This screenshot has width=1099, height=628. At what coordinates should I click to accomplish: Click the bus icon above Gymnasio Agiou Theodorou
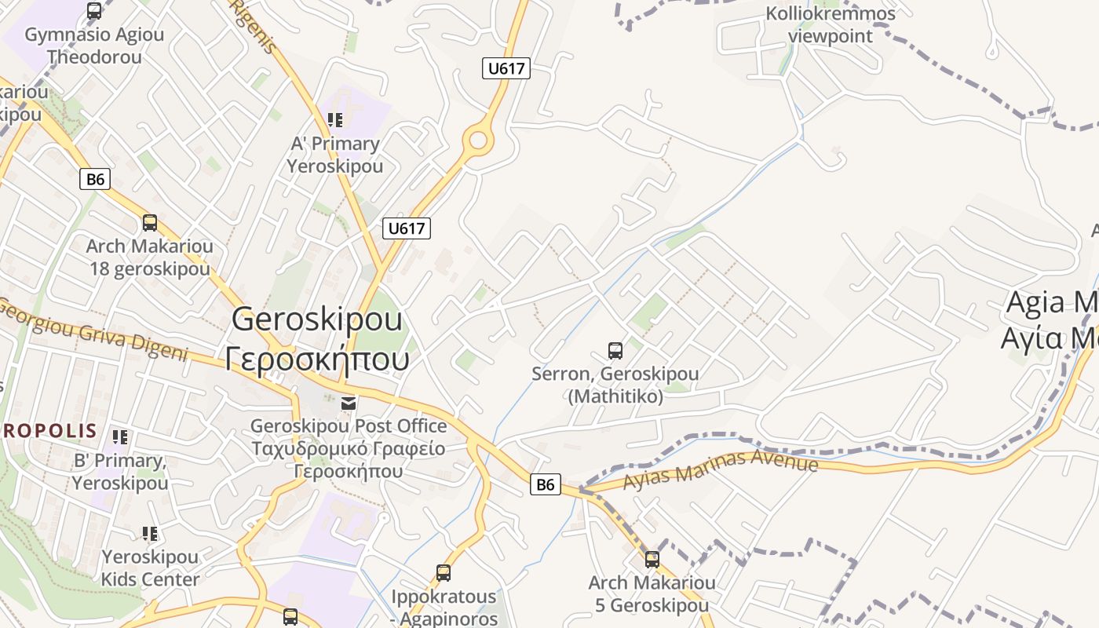[x=94, y=11]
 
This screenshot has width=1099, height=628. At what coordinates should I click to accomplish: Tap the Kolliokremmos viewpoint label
[x=830, y=25]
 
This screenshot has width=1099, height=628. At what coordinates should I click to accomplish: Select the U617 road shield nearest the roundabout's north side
[x=506, y=68]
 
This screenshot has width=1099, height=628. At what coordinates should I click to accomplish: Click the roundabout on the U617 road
[x=477, y=141]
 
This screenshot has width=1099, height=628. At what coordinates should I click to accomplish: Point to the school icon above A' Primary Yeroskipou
[x=335, y=120]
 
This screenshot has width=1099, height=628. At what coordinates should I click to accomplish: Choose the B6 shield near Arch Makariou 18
[x=95, y=179]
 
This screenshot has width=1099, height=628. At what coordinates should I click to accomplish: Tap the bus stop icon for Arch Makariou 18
[x=149, y=223]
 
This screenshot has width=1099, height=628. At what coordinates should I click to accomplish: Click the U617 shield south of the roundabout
[x=407, y=228]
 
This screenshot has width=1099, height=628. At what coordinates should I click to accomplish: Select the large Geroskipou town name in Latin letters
[x=317, y=319]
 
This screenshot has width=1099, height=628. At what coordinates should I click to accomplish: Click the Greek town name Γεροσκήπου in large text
[x=317, y=360]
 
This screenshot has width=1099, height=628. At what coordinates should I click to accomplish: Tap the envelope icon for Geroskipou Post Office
[x=349, y=403]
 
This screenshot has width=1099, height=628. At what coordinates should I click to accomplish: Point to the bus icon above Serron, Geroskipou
[x=615, y=351]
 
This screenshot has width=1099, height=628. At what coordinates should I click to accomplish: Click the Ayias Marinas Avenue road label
[x=721, y=469]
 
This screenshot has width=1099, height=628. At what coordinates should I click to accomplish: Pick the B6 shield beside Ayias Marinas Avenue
[x=545, y=484]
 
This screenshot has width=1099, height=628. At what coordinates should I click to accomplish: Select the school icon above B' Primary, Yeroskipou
[x=119, y=437]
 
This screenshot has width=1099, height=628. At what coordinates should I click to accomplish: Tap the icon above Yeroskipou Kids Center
[x=149, y=534]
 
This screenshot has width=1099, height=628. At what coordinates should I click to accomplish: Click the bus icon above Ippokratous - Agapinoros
[x=444, y=573]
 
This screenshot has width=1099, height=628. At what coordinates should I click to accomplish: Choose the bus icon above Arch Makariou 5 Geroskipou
[x=652, y=560]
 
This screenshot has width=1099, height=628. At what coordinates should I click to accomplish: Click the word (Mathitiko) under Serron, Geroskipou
[x=615, y=396]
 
